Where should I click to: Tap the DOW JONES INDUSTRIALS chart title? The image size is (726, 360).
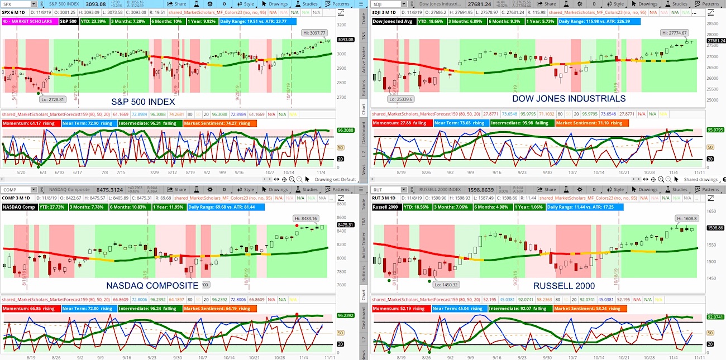point(569,98)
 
